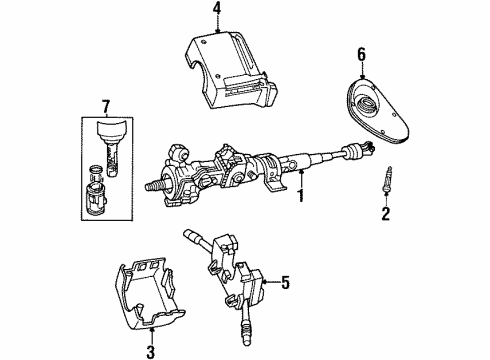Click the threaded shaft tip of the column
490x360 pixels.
point(155,186)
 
